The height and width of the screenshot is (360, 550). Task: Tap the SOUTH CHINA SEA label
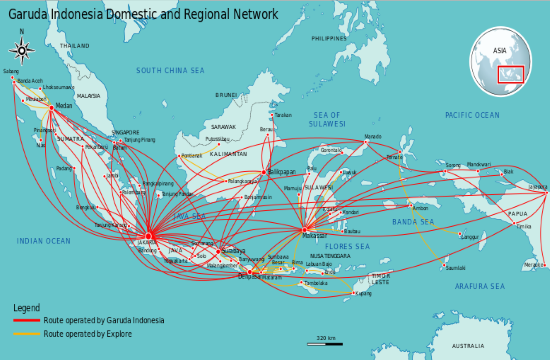click(x=170, y=70)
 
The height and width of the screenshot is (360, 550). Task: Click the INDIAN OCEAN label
click(x=44, y=241)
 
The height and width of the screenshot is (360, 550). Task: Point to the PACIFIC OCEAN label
click(x=472, y=115)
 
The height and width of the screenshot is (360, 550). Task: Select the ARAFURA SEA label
click(x=480, y=285)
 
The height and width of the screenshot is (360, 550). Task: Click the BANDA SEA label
click(x=413, y=221)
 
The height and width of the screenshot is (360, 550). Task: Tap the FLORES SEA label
click(x=347, y=246)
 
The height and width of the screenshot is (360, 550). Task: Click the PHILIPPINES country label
click(x=329, y=39)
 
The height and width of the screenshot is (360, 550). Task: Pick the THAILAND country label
click(x=74, y=46)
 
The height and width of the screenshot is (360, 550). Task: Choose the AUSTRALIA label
click(x=467, y=346)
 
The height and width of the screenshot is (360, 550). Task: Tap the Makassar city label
click(x=316, y=237)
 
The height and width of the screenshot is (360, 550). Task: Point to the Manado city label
click(x=373, y=136)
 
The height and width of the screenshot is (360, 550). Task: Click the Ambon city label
click(x=420, y=208)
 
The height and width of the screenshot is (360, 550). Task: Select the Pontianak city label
click(x=191, y=156)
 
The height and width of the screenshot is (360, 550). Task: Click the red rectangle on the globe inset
click(x=511, y=74)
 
